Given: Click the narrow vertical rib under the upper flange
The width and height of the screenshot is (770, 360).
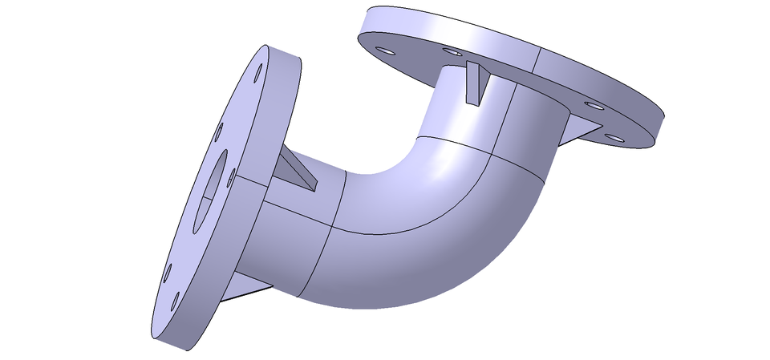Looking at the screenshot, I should (x=476, y=83).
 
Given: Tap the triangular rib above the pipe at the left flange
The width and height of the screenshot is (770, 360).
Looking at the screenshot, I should (x=296, y=170).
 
